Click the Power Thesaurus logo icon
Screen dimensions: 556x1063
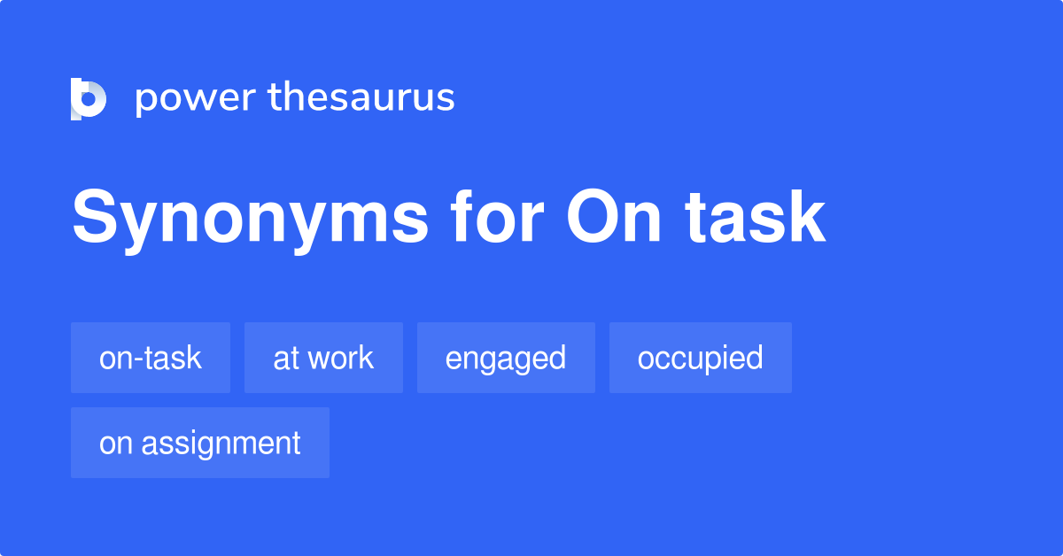pos(89,98)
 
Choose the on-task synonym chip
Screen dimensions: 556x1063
pos(151,358)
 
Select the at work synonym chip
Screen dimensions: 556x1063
pos(323,358)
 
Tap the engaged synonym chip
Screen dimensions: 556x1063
pos(506,358)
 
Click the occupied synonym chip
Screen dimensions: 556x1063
pos(700,358)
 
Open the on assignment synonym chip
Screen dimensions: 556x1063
pos(200,443)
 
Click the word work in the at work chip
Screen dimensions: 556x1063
pos(340,358)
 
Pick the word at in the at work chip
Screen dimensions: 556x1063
pos(284,358)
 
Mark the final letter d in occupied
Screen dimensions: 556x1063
pos(755,358)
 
